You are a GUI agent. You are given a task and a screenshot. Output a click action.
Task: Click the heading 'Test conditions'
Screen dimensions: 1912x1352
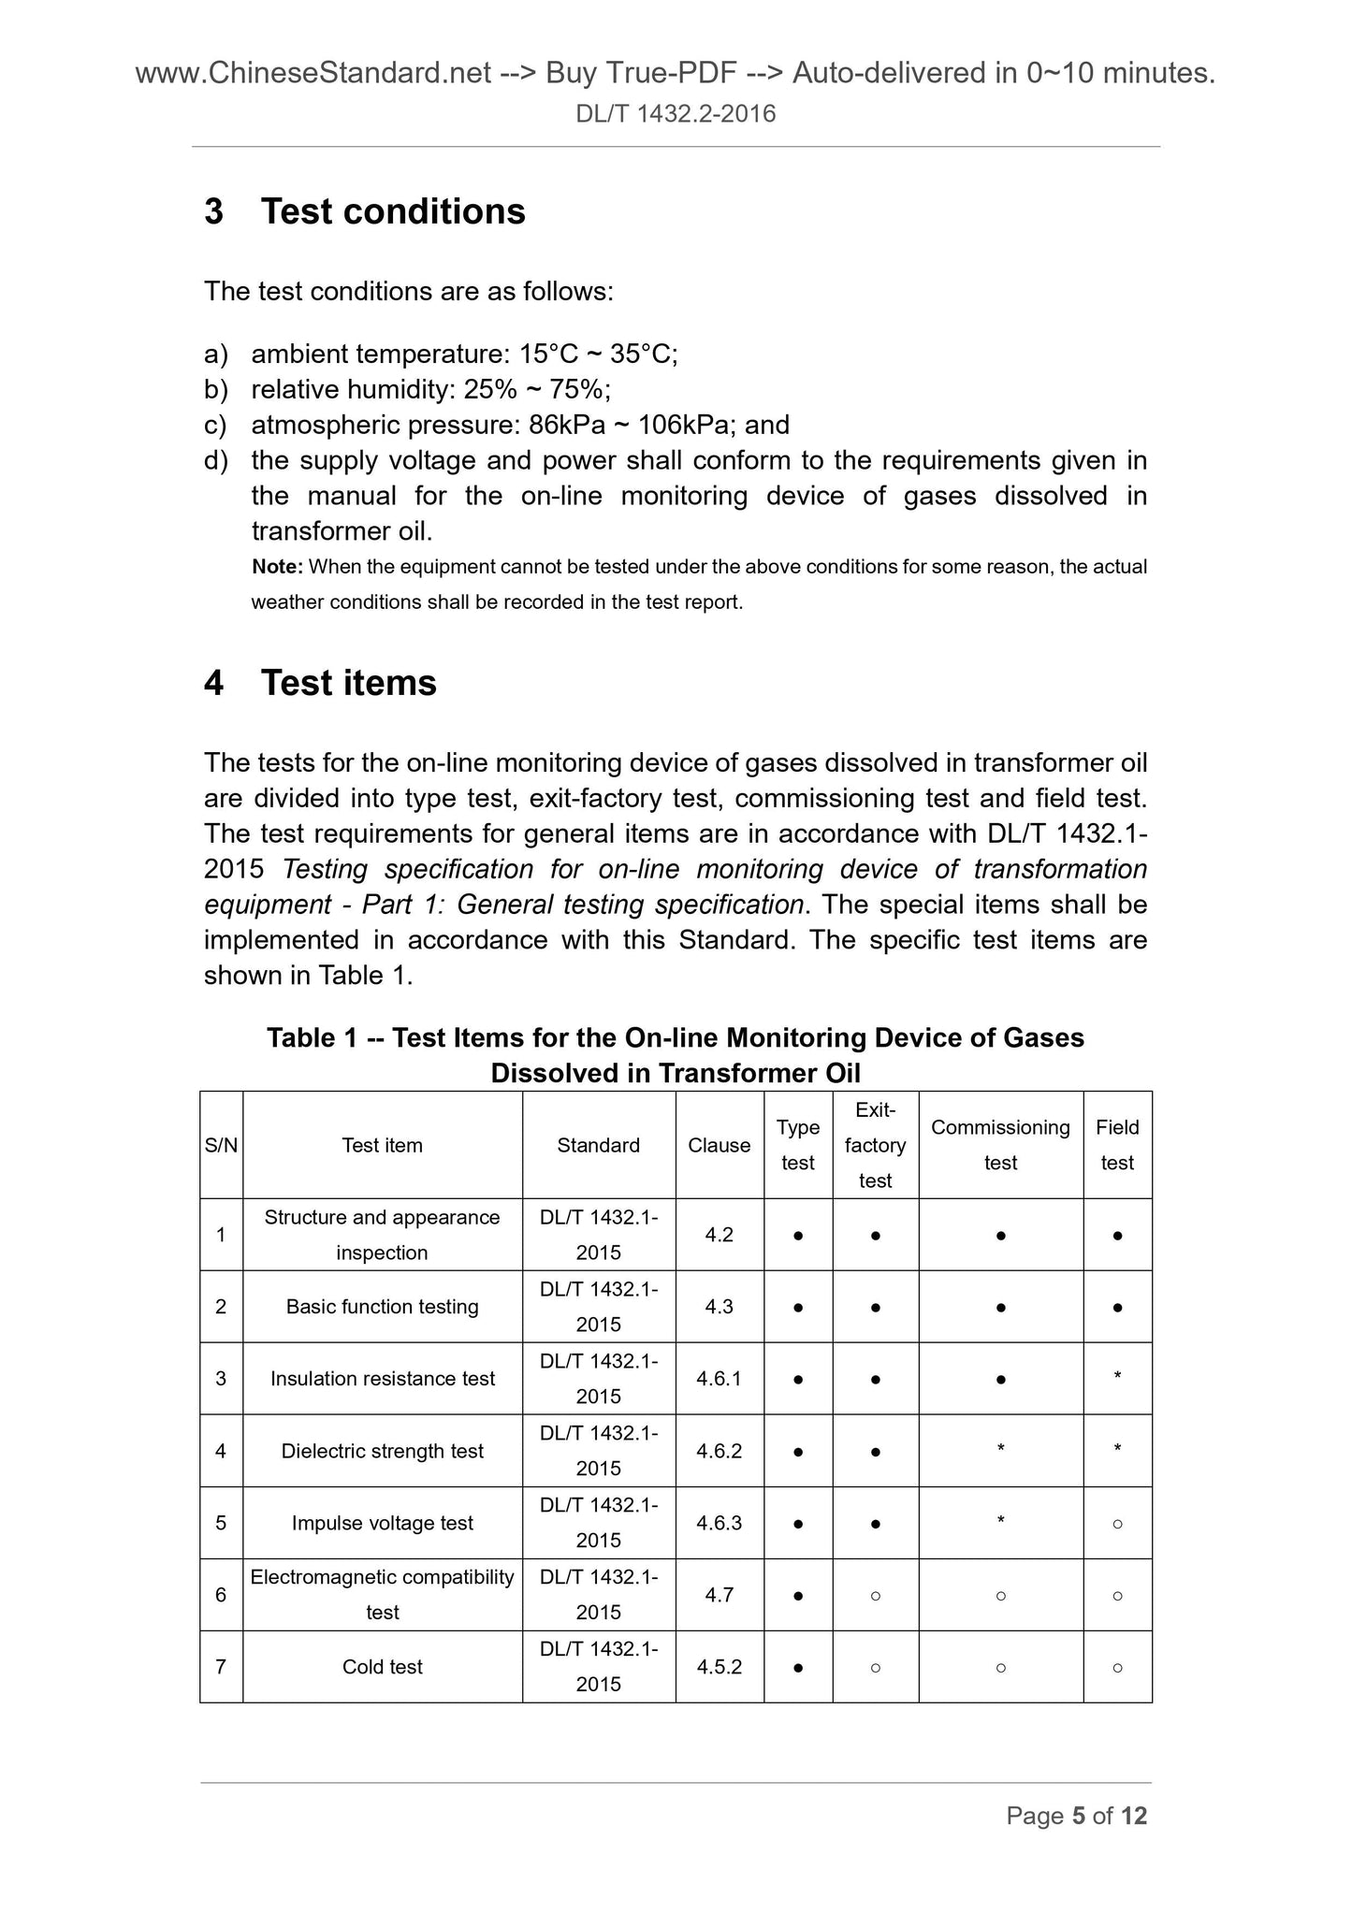pyautogui.click(x=393, y=211)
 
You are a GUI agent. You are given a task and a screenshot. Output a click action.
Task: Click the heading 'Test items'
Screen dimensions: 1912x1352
pyautogui.click(x=348, y=683)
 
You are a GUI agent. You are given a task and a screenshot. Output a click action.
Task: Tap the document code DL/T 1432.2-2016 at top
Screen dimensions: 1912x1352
pyautogui.click(x=676, y=114)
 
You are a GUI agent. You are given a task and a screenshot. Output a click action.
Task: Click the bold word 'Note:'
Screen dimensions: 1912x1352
pyautogui.click(x=277, y=567)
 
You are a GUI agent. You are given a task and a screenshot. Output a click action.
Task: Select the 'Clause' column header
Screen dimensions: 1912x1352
pyautogui.click(x=719, y=1145)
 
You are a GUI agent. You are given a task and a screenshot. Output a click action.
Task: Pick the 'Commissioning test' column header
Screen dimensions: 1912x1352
pyautogui.click(x=1000, y=1145)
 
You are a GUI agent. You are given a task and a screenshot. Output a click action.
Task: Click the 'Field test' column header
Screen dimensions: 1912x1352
pyautogui.click(x=1117, y=1145)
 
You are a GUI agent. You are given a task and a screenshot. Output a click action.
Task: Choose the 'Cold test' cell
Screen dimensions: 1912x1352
pyautogui.click(x=382, y=1666)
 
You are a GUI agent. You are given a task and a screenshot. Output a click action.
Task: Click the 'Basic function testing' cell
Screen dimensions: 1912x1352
pyautogui.click(x=382, y=1307)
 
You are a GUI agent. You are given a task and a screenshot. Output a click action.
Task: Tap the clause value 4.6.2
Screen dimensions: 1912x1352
pyautogui.click(x=719, y=1451)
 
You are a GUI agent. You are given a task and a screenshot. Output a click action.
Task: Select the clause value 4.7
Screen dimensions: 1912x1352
pyautogui.click(x=719, y=1594)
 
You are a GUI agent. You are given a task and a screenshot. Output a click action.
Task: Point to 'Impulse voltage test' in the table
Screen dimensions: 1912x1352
pyautogui.click(x=382, y=1523)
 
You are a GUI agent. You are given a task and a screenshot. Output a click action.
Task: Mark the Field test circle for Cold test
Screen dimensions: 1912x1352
pyautogui.click(x=1117, y=1667)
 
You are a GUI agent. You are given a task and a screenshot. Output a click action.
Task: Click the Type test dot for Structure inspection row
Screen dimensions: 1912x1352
pyautogui.click(x=797, y=1236)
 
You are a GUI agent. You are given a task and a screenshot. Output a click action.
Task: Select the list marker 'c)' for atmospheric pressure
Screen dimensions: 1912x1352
pyautogui.click(x=215, y=426)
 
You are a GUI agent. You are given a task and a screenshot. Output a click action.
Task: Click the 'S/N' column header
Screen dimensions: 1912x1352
pyautogui.click(x=221, y=1145)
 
